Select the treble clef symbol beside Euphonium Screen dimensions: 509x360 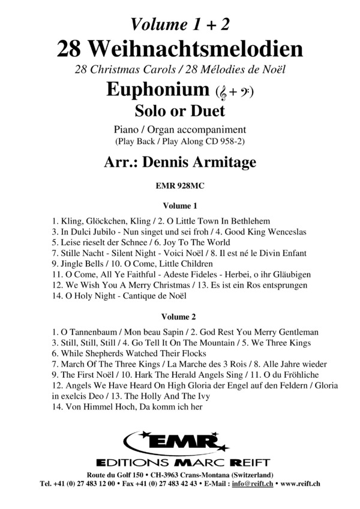click(x=223, y=92)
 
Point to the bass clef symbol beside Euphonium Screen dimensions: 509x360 click(x=245, y=92)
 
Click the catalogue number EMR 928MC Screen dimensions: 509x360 click(x=180, y=185)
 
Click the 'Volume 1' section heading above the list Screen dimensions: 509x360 click(x=180, y=204)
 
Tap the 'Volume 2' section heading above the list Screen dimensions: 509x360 click(x=180, y=316)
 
